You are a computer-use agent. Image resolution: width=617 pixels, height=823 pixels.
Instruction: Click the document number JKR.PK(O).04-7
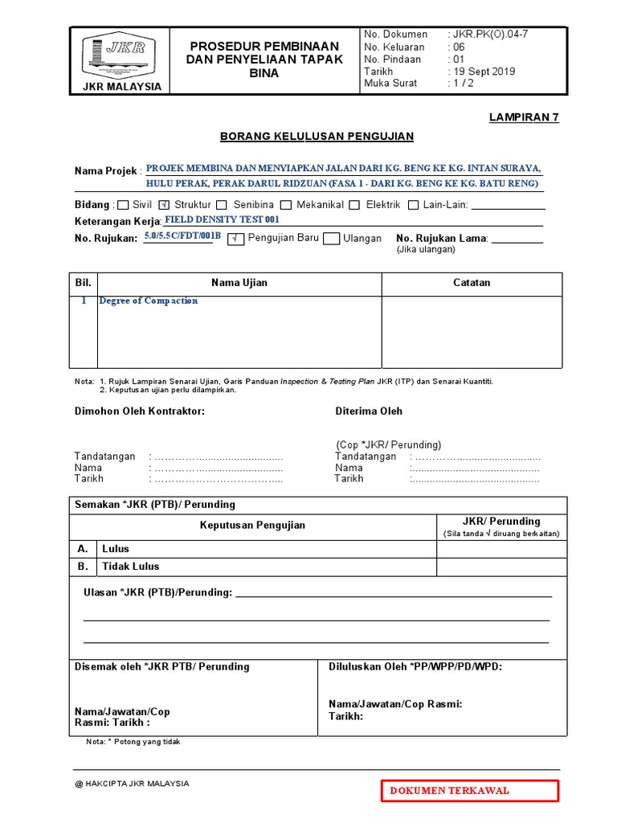click(x=490, y=34)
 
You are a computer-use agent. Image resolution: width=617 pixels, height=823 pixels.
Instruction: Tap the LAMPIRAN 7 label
click(x=524, y=117)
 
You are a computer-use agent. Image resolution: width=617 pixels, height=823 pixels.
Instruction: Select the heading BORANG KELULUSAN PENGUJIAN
click(x=317, y=137)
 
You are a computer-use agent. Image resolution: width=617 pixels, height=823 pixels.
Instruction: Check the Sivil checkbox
click(x=123, y=205)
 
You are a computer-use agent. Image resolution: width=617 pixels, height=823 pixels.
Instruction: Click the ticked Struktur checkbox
click(x=165, y=205)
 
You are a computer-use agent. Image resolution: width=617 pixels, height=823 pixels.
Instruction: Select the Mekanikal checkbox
click(x=286, y=205)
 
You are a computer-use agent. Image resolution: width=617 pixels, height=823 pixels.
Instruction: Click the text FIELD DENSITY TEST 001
click(x=222, y=219)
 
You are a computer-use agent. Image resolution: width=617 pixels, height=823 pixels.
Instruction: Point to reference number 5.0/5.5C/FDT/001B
click(x=182, y=235)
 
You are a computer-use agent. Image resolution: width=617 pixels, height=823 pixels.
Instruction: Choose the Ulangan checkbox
click(x=331, y=239)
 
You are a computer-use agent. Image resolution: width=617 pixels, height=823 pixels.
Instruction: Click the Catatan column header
click(x=472, y=283)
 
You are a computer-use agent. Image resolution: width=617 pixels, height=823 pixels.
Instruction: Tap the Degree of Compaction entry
click(x=149, y=301)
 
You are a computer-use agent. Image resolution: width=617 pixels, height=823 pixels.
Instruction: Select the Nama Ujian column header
click(x=239, y=283)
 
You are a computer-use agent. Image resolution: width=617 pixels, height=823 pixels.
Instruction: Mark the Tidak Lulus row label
click(x=131, y=566)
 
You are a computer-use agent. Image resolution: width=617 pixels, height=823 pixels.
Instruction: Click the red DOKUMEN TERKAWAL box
click(x=470, y=790)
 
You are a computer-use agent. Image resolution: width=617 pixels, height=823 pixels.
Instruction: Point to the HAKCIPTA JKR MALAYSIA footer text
click(x=132, y=783)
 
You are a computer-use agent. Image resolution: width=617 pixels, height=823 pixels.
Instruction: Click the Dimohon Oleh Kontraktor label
click(x=140, y=411)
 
